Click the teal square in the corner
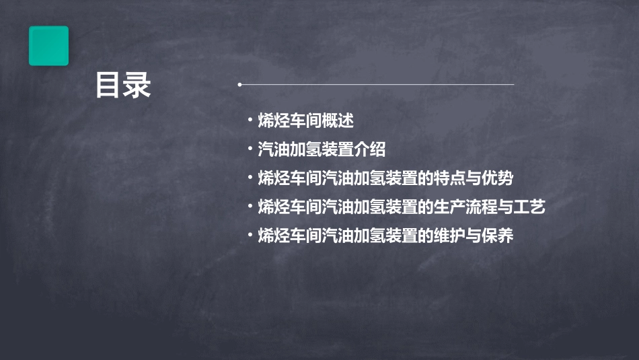click(x=48, y=46)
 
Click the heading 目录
click(x=122, y=85)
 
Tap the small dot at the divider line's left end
click(x=239, y=85)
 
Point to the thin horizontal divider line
click(x=377, y=85)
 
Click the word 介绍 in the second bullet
click(x=370, y=149)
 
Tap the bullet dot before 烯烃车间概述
click(x=250, y=120)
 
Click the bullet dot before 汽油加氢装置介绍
click(x=250, y=149)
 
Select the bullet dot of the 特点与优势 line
click(x=250, y=178)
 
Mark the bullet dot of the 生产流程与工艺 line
click(x=250, y=207)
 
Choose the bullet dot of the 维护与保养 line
click(x=250, y=236)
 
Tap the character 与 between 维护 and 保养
click(x=474, y=236)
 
